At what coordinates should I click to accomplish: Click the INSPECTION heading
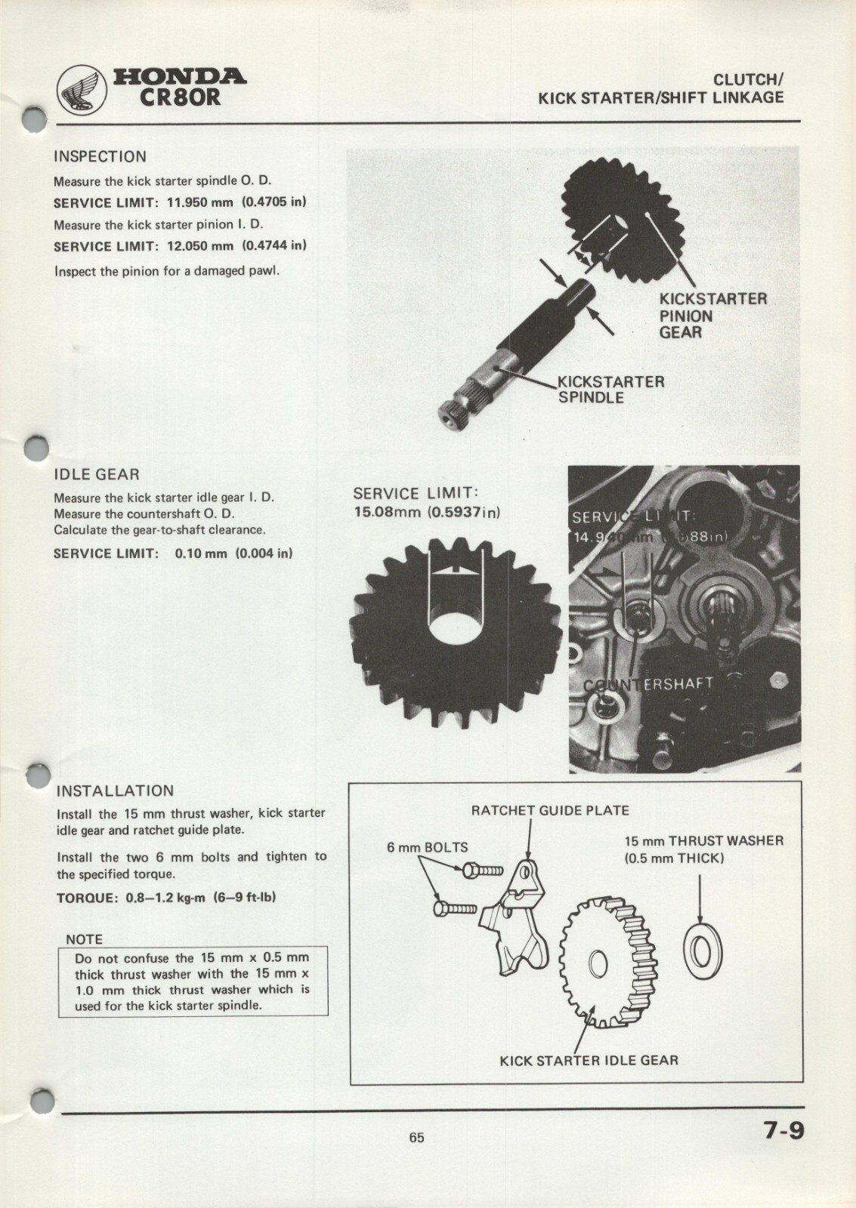[x=100, y=157]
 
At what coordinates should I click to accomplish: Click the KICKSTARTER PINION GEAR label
[x=712, y=316]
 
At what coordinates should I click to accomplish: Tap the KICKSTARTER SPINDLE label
[x=610, y=389]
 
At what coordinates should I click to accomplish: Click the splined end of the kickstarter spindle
[x=456, y=411]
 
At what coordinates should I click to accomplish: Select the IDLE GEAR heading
[x=96, y=475]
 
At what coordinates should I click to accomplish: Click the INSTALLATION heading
[x=116, y=791]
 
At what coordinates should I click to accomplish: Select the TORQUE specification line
[x=166, y=898]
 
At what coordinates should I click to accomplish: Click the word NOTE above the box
[x=85, y=939]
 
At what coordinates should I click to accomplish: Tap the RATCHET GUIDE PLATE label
[x=549, y=811]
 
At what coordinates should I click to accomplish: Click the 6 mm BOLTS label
[x=427, y=847]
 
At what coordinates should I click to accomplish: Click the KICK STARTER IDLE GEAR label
[x=589, y=1060]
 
